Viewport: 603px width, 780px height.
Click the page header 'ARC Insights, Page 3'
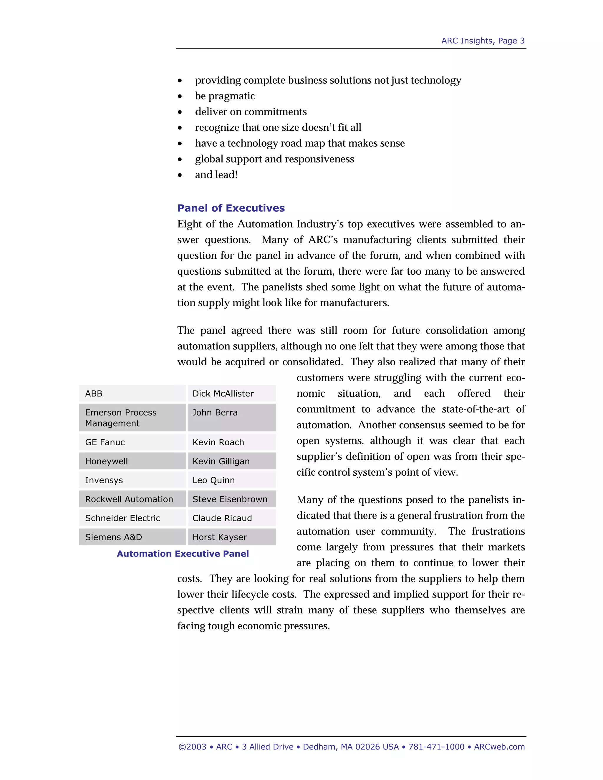[483, 41]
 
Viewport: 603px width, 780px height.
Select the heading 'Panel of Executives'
[231, 208]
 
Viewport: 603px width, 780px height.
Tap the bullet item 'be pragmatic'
[225, 96]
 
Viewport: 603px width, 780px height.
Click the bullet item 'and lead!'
[216, 175]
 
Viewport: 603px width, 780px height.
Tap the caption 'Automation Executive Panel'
[183, 554]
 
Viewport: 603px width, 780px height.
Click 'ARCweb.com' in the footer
[499, 747]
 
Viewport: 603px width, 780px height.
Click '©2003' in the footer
[192, 747]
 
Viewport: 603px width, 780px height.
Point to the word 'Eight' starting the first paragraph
[189, 224]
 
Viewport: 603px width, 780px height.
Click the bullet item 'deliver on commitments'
[251, 112]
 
